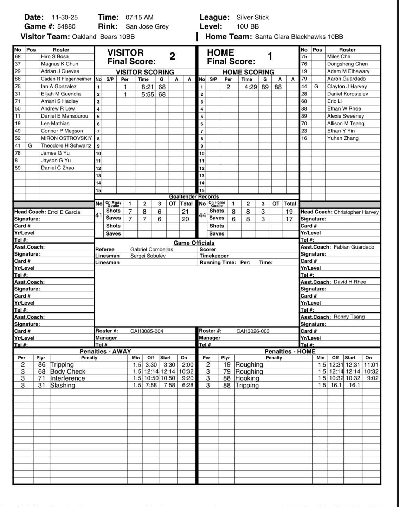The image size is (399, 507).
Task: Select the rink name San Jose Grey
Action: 147,26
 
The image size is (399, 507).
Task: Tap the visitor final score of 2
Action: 172,56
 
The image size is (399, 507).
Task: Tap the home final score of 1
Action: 270,56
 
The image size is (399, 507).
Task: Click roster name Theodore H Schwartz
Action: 66,145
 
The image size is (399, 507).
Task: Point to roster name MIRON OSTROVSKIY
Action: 66,138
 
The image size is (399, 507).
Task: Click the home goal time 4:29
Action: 251,87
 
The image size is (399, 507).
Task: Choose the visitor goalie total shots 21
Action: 185,212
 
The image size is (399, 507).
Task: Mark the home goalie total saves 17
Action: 289,219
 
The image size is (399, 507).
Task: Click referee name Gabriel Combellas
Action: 152,249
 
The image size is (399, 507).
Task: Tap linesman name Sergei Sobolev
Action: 148,256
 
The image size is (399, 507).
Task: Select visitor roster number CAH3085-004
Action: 147,331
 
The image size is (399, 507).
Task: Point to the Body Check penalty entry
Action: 68,371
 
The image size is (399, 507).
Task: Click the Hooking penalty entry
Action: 247,378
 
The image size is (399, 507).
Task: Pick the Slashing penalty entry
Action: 63,385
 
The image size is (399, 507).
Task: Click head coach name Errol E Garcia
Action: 64,212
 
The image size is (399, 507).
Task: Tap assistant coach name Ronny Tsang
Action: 349,317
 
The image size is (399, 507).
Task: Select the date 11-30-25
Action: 65,17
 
